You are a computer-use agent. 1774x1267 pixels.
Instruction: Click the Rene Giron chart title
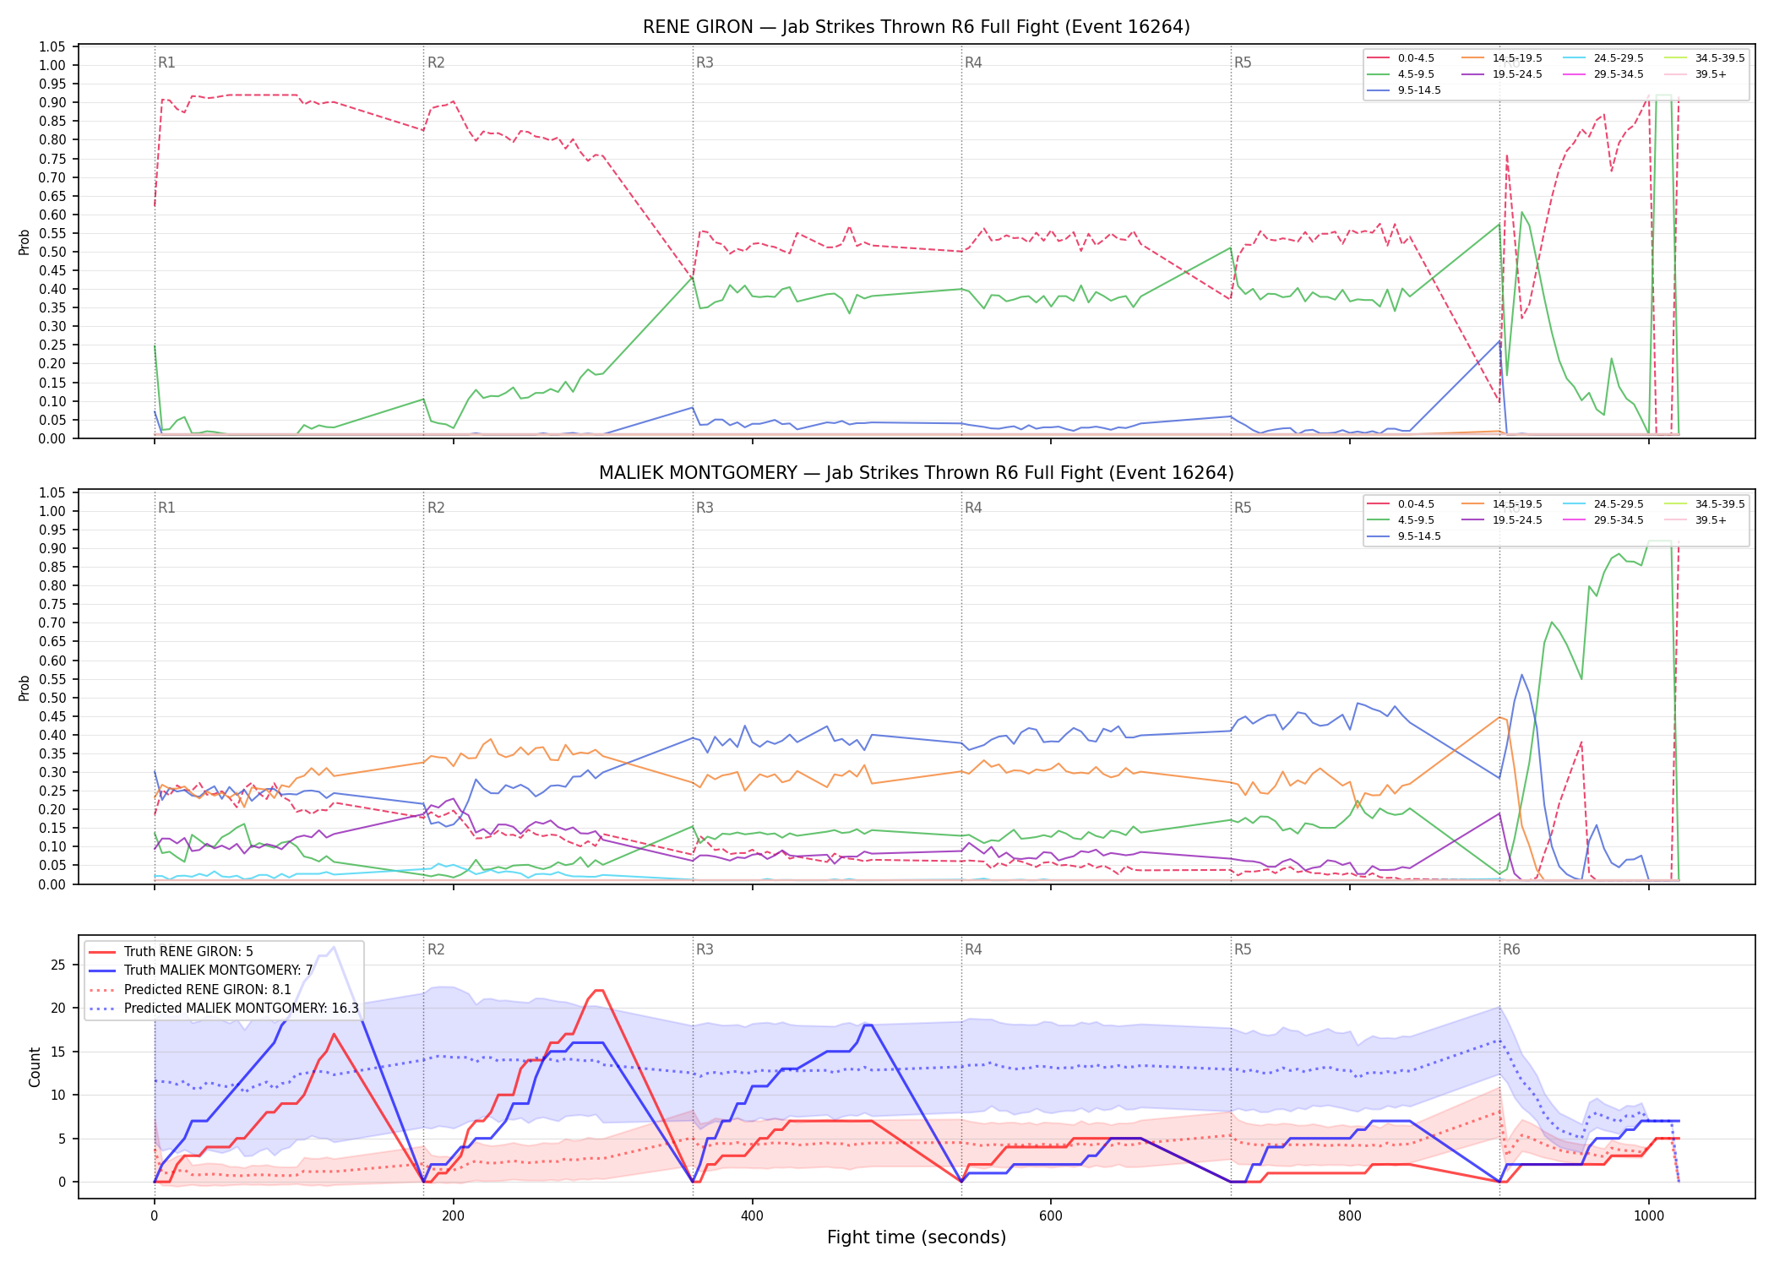point(917,27)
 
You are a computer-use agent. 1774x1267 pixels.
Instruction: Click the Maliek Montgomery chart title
point(917,473)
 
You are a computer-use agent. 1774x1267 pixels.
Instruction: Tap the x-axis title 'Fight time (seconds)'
point(917,1237)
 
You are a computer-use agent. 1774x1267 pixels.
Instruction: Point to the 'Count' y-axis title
point(35,1067)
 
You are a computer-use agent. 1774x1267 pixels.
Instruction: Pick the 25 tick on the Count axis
point(58,965)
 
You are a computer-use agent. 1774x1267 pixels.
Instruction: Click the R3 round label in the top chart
point(705,63)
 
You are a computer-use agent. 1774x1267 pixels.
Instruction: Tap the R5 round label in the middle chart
point(1243,508)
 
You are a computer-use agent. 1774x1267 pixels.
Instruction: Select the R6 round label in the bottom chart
point(1511,949)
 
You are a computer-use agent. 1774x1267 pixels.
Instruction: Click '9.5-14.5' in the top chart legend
point(1419,90)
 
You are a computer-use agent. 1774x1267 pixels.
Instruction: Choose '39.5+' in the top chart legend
point(1711,74)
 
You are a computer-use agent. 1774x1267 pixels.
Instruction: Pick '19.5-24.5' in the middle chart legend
point(1517,520)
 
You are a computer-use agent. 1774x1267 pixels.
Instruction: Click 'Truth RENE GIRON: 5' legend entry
point(188,952)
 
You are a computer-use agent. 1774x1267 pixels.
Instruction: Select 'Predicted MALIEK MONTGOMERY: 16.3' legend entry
point(242,1009)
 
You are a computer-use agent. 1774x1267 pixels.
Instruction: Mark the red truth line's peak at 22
point(598,990)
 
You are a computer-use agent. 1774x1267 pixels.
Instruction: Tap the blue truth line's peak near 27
point(334,947)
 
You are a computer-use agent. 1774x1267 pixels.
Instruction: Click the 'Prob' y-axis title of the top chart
point(24,242)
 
